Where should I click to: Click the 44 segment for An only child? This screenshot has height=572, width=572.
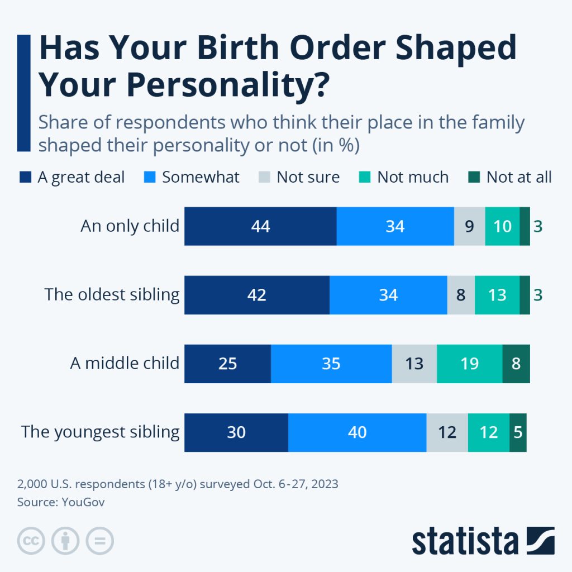(260, 226)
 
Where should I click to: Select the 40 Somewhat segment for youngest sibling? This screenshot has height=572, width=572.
(357, 432)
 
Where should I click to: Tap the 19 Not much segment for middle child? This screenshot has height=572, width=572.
(469, 364)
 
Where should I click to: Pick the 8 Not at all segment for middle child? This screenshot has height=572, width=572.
(516, 364)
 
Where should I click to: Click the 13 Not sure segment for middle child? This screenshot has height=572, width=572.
(414, 364)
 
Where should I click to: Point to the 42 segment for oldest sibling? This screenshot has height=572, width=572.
(256, 295)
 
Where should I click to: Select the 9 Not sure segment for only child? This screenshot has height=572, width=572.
(469, 226)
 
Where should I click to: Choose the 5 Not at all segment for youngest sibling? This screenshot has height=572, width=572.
(518, 432)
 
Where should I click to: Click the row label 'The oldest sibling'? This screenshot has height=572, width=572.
(112, 294)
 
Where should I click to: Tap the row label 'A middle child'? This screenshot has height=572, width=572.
(125, 363)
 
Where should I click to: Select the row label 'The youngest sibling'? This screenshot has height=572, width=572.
(101, 432)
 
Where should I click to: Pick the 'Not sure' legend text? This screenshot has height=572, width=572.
(308, 178)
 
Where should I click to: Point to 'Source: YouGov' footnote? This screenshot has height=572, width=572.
(61, 502)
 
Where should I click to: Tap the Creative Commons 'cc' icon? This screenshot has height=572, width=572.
(31, 541)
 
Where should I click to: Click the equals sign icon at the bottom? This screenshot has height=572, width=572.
(99, 541)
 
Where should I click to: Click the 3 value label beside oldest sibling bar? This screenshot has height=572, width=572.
(538, 295)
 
